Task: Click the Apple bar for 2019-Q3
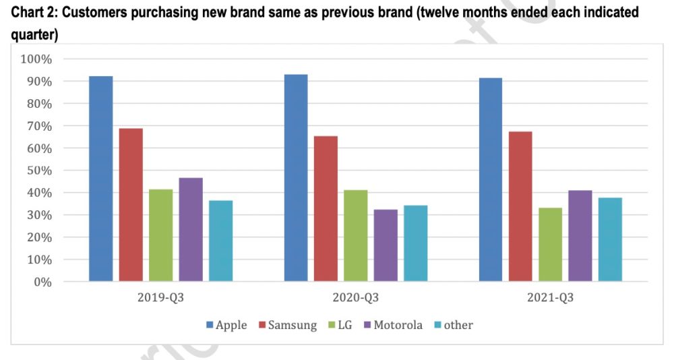[x=101, y=179]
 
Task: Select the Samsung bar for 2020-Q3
[x=326, y=208]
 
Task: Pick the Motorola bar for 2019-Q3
[x=191, y=229]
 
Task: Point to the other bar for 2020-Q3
[x=415, y=243]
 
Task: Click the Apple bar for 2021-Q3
[x=491, y=179]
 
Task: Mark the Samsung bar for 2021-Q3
[x=520, y=206]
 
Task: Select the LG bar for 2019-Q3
[x=161, y=235]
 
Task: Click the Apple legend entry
[x=226, y=325]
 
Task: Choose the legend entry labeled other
[x=453, y=325]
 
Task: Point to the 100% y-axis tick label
[x=36, y=59]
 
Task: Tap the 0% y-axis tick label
[x=42, y=282]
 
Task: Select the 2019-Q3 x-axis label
[x=160, y=297]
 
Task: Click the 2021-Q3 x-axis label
[x=550, y=297]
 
